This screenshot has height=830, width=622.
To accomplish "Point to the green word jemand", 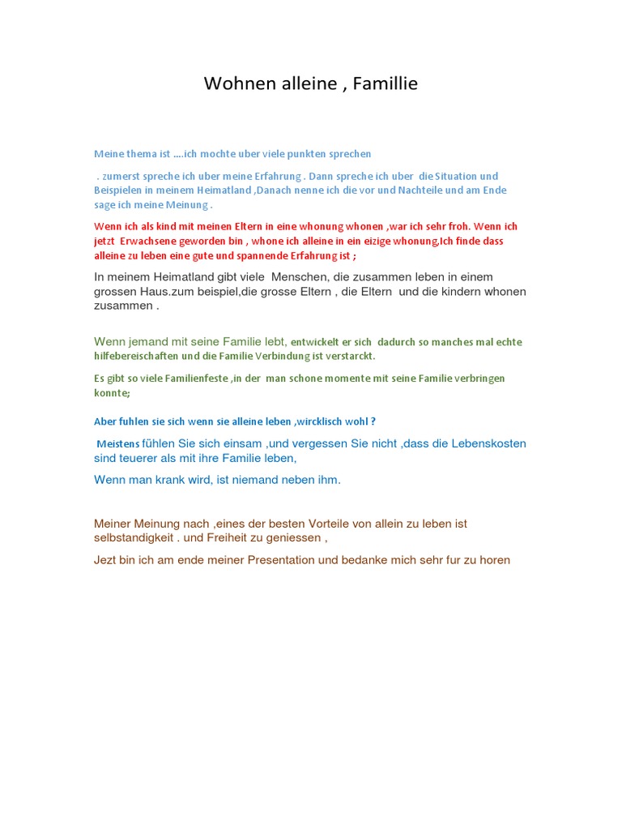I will coord(155,341).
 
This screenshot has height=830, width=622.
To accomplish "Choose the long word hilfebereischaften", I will coord(139,356).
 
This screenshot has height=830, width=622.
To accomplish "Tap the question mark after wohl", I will coord(373,421).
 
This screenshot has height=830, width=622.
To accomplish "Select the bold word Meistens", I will coord(117,444).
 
